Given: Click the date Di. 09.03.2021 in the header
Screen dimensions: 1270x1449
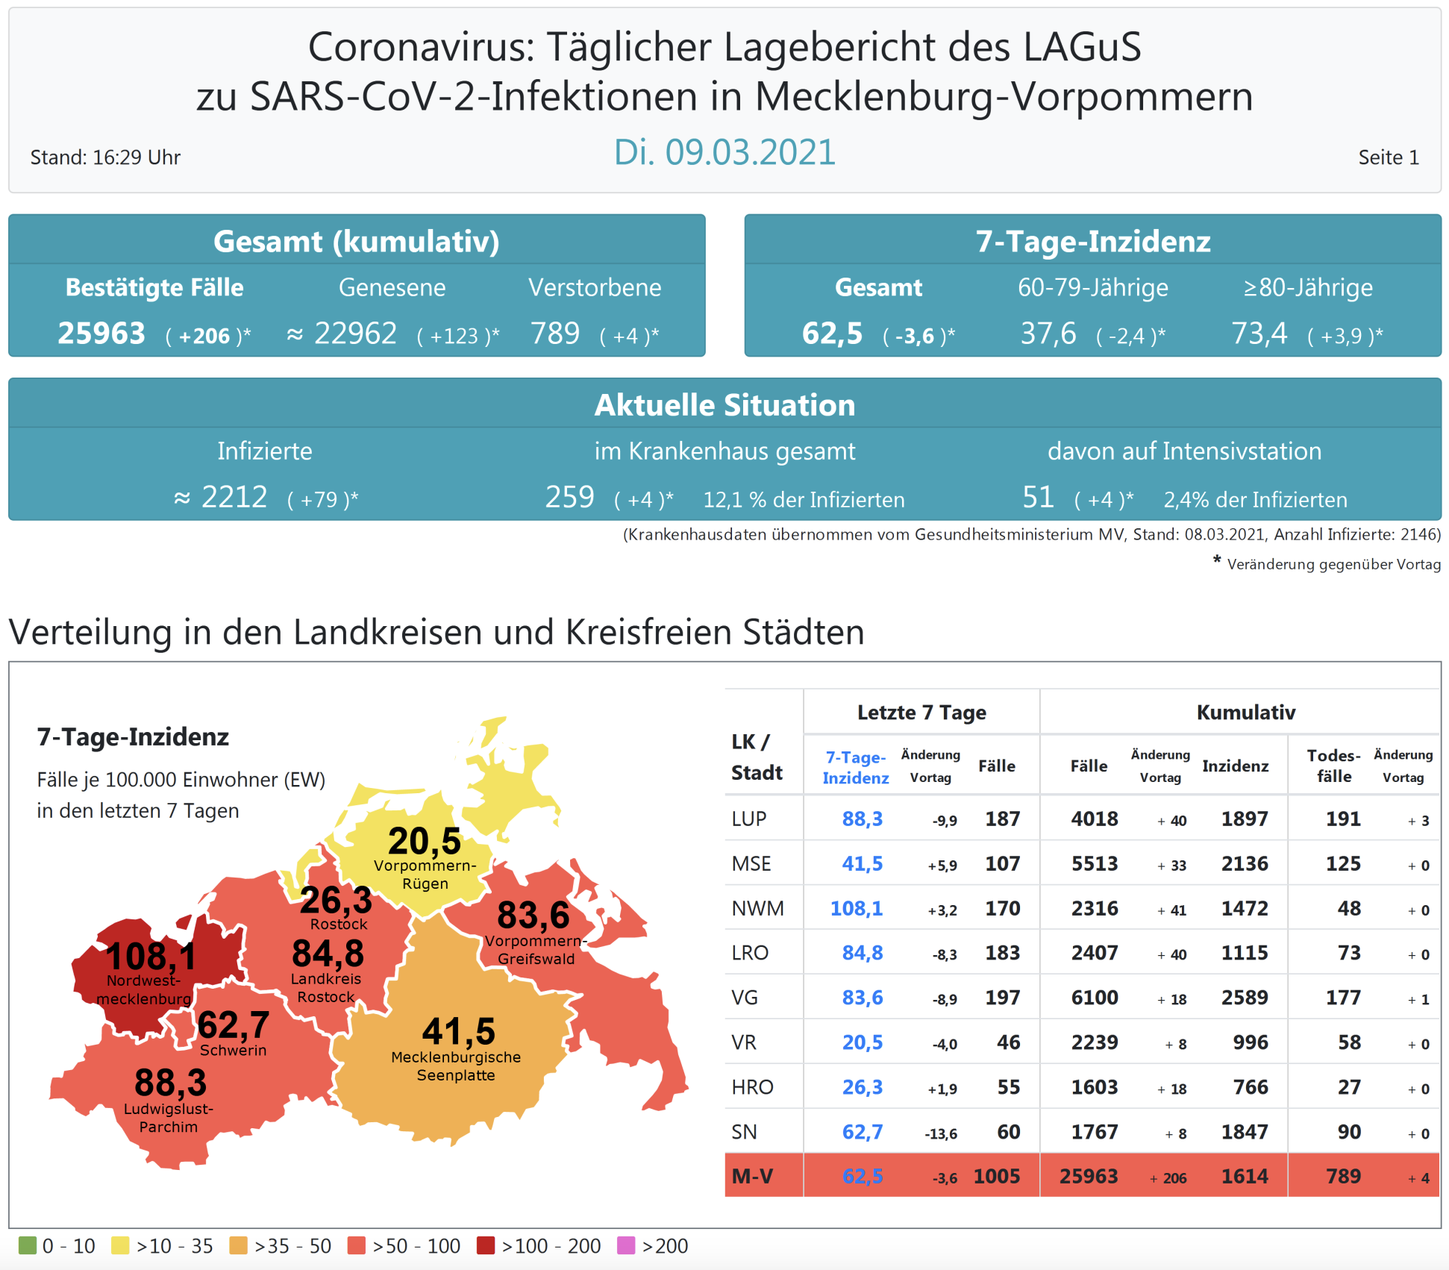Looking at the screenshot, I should click(x=724, y=152).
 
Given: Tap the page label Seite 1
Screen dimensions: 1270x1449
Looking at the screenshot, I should click(x=1388, y=157).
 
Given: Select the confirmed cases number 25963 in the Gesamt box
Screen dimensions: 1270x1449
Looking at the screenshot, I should click(x=101, y=334).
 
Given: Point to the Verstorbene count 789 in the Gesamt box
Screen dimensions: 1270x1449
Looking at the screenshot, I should click(x=554, y=334).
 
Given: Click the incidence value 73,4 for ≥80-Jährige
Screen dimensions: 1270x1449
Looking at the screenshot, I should click(x=1259, y=334).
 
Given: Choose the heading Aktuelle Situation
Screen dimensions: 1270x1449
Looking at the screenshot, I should click(x=724, y=405).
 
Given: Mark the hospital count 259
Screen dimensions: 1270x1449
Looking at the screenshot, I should click(x=569, y=497).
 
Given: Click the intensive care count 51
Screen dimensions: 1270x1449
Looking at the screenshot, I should click(x=1038, y=497).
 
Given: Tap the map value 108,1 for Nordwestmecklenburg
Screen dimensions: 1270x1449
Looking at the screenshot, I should click(x=151, y=956).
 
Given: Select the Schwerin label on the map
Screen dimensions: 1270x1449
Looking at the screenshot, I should click(x=233, y=1050).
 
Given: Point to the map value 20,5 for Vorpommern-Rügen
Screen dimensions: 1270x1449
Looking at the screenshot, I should click(x=424, y=841).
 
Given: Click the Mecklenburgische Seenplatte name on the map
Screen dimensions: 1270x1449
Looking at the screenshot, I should click(x=456, y=1066).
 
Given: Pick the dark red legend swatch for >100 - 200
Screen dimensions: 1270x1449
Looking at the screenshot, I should click(x=486, y=1245).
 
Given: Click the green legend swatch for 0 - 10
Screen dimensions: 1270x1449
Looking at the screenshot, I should click(x=28, y=1245).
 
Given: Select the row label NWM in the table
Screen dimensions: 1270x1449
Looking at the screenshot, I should click(x=757, y=908).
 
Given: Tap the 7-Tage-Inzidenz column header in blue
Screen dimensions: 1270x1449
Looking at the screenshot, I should click(x=855, y=767).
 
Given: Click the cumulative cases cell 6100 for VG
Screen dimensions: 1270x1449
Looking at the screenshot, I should click(x=1095, y=998).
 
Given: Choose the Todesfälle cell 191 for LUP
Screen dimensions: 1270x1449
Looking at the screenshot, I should click(x=1342, y=819).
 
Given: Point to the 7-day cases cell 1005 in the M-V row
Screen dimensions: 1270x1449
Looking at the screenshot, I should click(x=996, y=1176).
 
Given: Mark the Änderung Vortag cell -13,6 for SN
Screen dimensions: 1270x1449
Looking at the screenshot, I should click(x=941, y=1133).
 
